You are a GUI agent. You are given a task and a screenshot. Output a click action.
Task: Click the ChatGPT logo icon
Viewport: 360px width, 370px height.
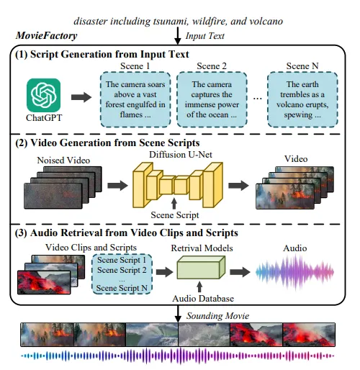click(x=43, y=95)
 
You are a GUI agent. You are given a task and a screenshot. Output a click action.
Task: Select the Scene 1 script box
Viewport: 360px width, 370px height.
click(x=135, y=99)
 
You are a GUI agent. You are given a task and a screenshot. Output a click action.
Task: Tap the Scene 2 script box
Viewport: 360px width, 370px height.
click(x=212, y=99)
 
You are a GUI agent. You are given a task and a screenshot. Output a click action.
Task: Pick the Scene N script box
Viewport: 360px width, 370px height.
click(x=302, y=99)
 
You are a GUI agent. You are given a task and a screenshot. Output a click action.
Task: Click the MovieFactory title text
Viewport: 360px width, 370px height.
click(x=47, y=35)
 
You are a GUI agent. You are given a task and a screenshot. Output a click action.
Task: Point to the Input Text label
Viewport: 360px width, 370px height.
click(x=205, y=36)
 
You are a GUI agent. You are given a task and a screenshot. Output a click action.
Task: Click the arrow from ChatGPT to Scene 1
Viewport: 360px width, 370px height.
click(x=81, y=97)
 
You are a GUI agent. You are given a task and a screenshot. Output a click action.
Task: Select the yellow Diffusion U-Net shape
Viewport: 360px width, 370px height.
click(x=178, y=185)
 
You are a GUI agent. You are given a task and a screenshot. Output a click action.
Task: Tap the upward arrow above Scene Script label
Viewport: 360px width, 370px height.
click(x=174, y=204)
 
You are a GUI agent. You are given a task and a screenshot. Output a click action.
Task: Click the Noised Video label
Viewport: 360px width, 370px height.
click(x=63, y=161)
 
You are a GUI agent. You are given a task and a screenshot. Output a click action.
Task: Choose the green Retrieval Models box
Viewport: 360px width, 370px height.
click(x=201, y=267)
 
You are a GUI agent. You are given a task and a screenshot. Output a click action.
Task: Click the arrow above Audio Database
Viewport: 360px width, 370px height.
click(x=199, y=286)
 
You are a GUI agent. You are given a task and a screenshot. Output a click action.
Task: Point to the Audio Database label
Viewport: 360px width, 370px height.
click(x=203, y=299)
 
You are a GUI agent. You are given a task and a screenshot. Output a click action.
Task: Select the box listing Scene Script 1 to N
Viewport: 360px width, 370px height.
click(x=122, y=274)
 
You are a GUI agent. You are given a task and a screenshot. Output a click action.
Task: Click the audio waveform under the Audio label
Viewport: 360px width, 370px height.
click(x=294, y=272)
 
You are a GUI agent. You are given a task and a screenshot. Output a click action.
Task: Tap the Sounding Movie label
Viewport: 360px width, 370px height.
click(x=218, y=316)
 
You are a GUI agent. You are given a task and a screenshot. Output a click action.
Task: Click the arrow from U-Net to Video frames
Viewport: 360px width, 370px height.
click(x=238, y=185)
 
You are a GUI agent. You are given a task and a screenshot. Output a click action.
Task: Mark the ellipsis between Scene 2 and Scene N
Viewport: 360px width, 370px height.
click(x=258, y=99)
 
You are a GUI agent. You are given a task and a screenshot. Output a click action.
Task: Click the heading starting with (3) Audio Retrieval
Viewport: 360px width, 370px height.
click(x=127, y=233)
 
